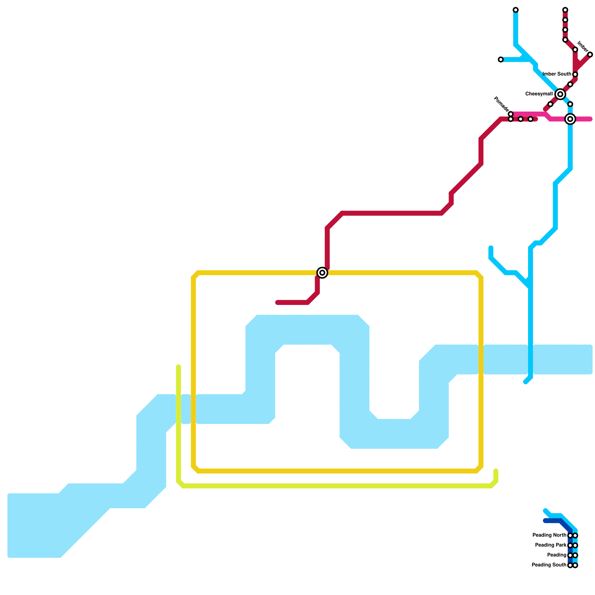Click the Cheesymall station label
539,94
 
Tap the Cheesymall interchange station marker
560,94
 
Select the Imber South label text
557,74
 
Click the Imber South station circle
575,75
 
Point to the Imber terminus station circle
590,55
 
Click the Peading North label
549,535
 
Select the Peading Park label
551,546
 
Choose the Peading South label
549,565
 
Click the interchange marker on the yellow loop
322,273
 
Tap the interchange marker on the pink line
570,119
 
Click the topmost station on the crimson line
565,10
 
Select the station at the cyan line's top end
515,10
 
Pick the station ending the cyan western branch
501,59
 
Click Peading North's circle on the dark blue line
570,535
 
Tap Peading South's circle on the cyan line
575,566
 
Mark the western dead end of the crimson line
277,303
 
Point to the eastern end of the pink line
590,119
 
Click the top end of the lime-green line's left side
178,367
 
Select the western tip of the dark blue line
545,521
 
